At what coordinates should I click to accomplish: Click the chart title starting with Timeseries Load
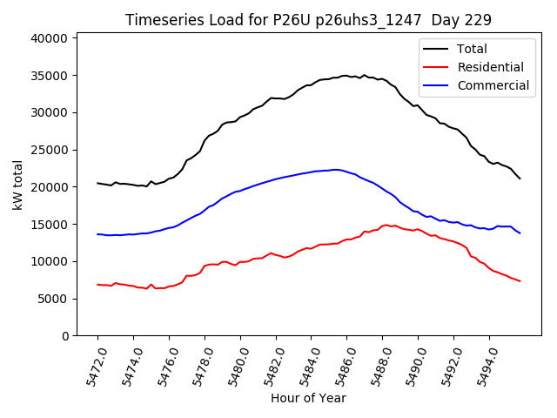click(308, 20)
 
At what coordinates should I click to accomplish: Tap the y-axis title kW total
click(18, 185)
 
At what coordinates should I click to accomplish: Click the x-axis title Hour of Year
click(308, 398)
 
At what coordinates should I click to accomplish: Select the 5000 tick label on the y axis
click(54, 299)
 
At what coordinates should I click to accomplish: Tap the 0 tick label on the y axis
click(65, 336)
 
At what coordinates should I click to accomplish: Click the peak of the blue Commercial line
click(335, 170)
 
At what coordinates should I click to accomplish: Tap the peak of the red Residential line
click(386, 225)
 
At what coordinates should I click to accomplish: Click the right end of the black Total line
click(520, 179)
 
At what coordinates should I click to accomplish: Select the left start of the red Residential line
click(97, 284)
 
